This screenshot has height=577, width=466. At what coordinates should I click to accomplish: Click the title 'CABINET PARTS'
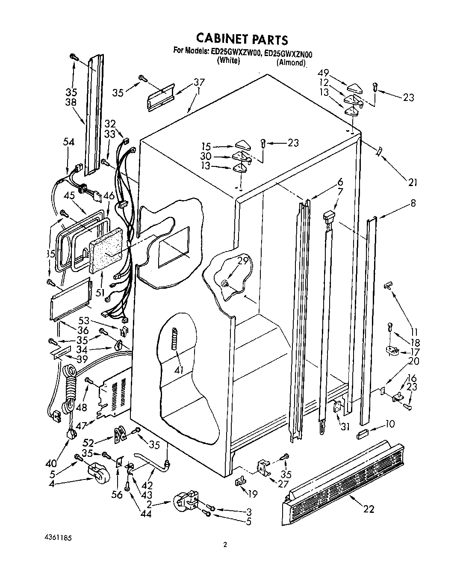tap(242, 39)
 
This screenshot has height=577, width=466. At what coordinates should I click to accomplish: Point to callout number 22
tap(369, 509)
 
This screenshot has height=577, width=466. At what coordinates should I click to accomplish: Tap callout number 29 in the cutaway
tap(242, 260)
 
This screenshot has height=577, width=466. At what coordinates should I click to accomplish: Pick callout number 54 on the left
tap(68, 142)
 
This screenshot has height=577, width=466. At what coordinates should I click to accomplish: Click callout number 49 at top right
tap(324, 73)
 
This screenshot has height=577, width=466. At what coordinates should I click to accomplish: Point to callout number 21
tap(412, 183)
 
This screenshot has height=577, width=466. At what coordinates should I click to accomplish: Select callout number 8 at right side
tap(413, 203)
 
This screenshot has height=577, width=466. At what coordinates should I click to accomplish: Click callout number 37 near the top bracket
tap(199, 82)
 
